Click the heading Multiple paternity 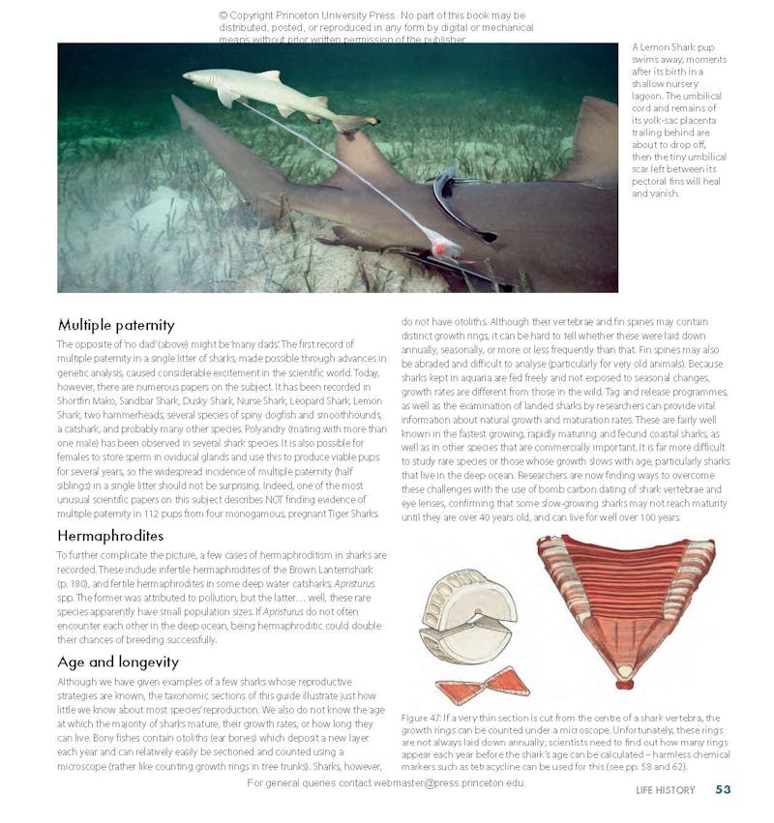[x=115, y=325]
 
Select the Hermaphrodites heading [x=109, y=535]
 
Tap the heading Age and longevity [x=117, y=662]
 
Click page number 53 [x=723, y=790]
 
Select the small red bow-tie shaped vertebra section [x=482, y=686]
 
